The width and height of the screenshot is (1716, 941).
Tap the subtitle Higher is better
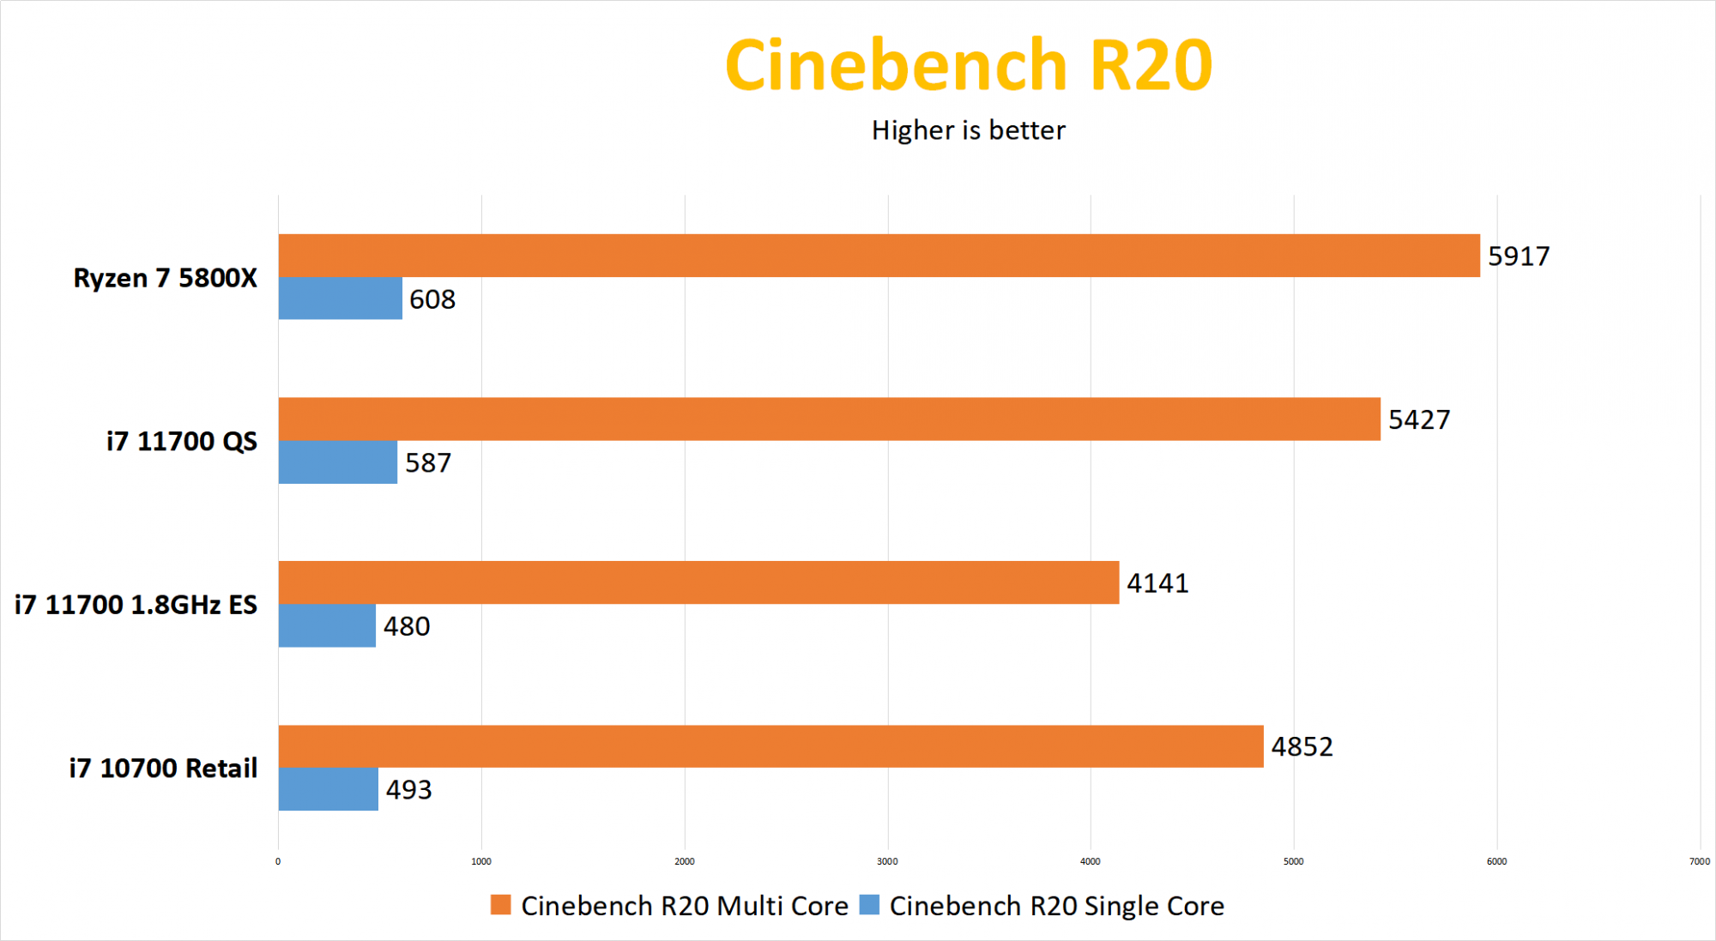(x=968, y=130)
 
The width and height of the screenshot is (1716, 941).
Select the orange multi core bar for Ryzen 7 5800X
(x=879, y=256)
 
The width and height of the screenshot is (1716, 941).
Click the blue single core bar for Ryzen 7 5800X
(x=340, y=299)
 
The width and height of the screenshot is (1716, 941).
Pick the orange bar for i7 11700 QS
(x=829, y=419)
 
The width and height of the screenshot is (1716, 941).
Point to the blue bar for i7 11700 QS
(x=337, y=462)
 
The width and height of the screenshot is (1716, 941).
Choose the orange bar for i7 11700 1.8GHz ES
(x=698, y=582)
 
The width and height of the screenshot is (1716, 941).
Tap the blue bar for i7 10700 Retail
(x=328, y=789)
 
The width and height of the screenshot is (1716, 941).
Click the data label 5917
(x=1519, y=256)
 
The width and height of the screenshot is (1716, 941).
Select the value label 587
(x=428, y=463)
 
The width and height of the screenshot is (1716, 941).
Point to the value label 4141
(x=1157, y=583)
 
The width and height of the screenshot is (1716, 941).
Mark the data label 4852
(x=1302, y=747)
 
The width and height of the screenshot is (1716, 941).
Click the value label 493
(x=408, y=790)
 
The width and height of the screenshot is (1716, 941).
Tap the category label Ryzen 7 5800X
(x=165, y=278)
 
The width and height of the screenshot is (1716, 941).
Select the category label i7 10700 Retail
(x=163, y=769)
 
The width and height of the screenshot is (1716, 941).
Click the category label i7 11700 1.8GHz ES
(x=136, y=605)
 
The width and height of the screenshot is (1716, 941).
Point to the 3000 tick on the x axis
(x=887, y=861)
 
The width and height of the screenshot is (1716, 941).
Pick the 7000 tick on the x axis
(x=1699, y=861)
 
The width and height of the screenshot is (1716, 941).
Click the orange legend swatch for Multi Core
(x=500, y=905)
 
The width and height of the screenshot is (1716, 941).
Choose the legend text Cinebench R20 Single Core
(x=1056, y=906)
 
